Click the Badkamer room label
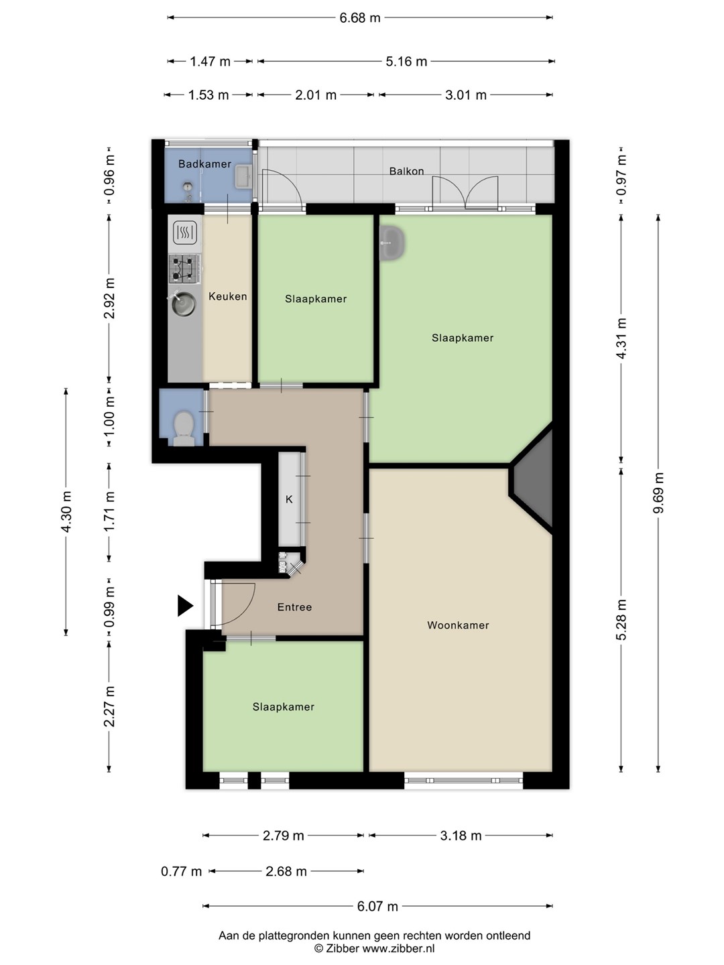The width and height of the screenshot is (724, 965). click(x=204, y=164)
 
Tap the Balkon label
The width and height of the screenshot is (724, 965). click(x=406, y=171)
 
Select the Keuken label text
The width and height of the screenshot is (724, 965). click(x=227, y=296)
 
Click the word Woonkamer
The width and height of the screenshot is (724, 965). click(x=458, y=625)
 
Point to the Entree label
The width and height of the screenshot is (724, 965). click(x=294, y=607)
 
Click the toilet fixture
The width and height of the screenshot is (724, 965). click(x=184, y=428)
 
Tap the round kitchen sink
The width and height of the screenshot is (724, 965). click(x=183, y=304)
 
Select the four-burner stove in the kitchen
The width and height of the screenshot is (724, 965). click(x=184, y=269)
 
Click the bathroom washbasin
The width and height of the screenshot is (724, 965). click(x=243, y=177)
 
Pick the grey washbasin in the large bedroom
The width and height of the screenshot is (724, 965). click(x=392, y=243)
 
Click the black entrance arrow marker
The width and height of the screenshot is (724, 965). click(x=185, y=605)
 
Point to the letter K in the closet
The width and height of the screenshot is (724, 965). click(x=289, y=499)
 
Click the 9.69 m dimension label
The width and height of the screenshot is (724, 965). click(x=658, y=493)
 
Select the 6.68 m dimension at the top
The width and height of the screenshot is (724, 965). click(x=359, y=18)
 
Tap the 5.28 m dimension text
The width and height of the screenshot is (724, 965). click(x=621, y=619)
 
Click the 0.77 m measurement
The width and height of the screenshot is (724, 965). click(x=181, y=871)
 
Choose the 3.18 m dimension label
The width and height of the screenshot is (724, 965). click(x=461, y=836)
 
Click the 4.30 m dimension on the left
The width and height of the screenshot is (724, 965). click(x=66, y=512)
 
